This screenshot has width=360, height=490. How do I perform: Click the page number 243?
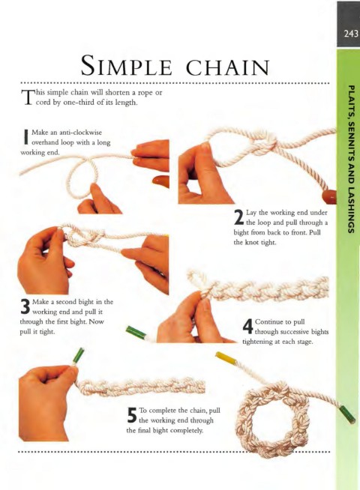[351, 33]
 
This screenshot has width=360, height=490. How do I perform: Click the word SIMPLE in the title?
[126, 65]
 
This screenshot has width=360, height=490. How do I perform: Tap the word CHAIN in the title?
[228, 67]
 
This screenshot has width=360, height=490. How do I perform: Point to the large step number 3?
[25, 306]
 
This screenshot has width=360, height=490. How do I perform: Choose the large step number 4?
[247, 327]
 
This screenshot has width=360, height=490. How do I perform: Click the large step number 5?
[132, 415]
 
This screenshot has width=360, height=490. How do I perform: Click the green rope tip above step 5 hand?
[79, 356]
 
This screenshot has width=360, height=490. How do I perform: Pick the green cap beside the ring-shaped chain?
[348, 414]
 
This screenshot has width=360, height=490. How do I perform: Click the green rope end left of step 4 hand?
[136, 332]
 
